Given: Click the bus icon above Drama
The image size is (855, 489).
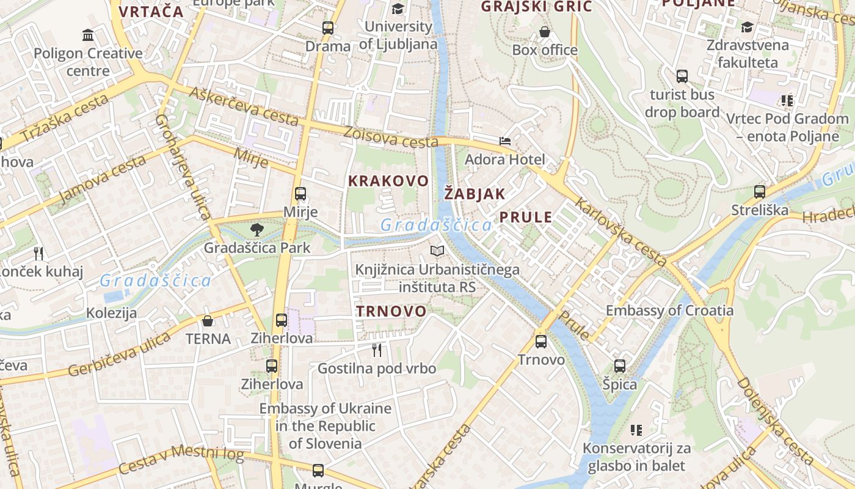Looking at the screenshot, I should [x=328, y=28].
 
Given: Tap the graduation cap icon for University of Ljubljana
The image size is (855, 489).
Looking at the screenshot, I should [x=398, y=9].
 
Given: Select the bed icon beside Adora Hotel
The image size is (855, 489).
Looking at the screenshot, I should [x=505, y=141].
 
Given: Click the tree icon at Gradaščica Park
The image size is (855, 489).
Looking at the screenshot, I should [x=257, y=230].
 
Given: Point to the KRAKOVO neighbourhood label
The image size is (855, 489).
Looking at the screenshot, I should [x=388, y=181].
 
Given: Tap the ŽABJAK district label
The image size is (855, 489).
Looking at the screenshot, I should [x=475, y=194].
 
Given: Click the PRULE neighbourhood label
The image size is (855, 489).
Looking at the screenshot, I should [x=526, y=217].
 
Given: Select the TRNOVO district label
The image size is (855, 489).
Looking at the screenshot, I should [x=391, y=311].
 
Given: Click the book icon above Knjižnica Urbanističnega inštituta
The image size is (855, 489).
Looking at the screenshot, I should [x=437, y=251].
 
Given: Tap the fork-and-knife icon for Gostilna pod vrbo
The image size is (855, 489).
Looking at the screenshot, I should [x=377, y=350].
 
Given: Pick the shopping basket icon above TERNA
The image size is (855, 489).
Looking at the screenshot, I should [x=208, y=320].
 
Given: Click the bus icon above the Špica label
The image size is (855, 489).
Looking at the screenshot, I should [x=620, y=366].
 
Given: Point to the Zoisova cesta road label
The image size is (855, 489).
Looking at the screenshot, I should [x=391, y=137].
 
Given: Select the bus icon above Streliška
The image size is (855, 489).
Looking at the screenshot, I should [x=760, y=192].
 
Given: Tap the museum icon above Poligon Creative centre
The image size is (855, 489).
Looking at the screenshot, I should [x=88, y=35].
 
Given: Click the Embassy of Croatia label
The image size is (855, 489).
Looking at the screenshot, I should [x=669, y=311].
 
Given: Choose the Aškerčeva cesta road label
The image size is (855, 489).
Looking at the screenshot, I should [x=244, y=106].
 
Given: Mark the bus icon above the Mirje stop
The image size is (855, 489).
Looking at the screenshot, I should [x=300, y=194].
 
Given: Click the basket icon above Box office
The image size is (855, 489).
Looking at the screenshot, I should [x=545, y=31].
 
